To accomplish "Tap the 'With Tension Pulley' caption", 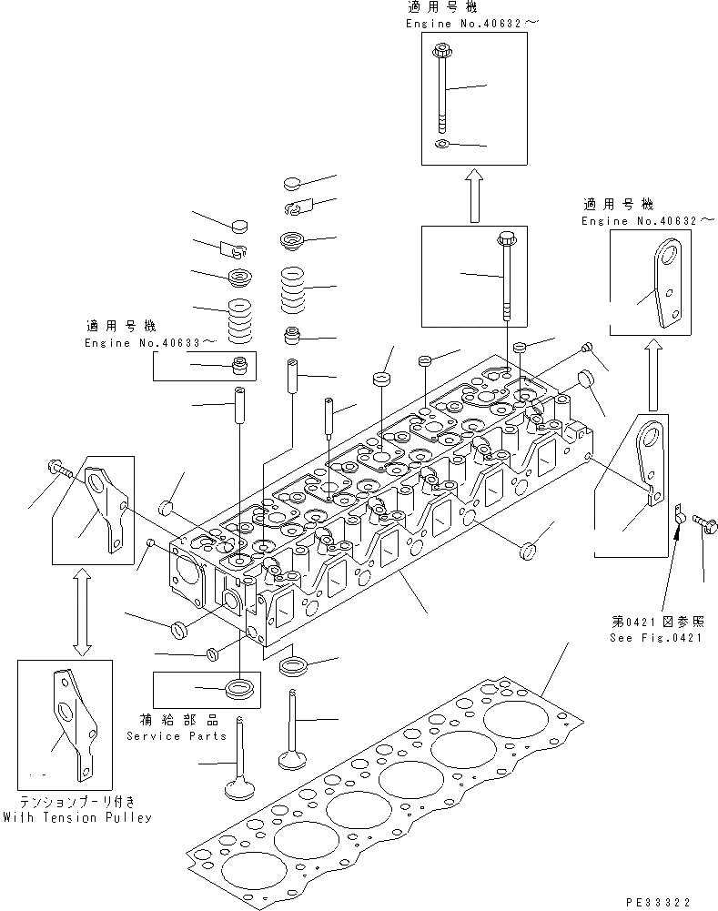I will point(76,817).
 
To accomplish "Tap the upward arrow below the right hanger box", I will point(653,375).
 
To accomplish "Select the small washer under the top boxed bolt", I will point(442,144).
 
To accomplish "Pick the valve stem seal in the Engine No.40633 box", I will point(241,368).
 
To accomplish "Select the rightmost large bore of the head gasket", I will point(515,720).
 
